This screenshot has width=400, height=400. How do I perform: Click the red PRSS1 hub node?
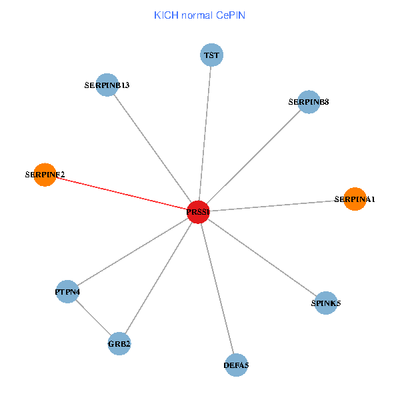pos(199,211)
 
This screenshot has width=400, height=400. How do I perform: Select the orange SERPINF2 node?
pos(45,175)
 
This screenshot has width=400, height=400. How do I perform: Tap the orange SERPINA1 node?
pos(355,199)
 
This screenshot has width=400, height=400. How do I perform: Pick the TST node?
pos(211,55)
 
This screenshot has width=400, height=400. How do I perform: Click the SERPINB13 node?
pos(107,85)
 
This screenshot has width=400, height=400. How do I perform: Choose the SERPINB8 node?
pos(308,102)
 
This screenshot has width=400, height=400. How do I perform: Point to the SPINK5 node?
pos(325,303)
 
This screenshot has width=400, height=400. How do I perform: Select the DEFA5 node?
pos(236,365)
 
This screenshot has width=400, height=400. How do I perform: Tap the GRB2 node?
pos(119,344)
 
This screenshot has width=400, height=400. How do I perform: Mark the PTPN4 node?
pos(67,291)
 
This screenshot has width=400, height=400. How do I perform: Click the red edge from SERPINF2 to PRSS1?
pos(120,193)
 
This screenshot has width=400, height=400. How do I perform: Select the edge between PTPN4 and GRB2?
pos(93,317)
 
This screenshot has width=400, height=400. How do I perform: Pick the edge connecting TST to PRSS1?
pos(205,133)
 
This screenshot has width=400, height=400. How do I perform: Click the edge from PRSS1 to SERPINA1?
pos(277,205)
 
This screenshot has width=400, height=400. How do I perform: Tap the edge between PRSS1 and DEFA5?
pos(217,288)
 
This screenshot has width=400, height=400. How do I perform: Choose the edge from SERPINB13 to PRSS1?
pos(153,148)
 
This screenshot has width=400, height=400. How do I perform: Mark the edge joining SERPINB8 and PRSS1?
pos(253,157)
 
